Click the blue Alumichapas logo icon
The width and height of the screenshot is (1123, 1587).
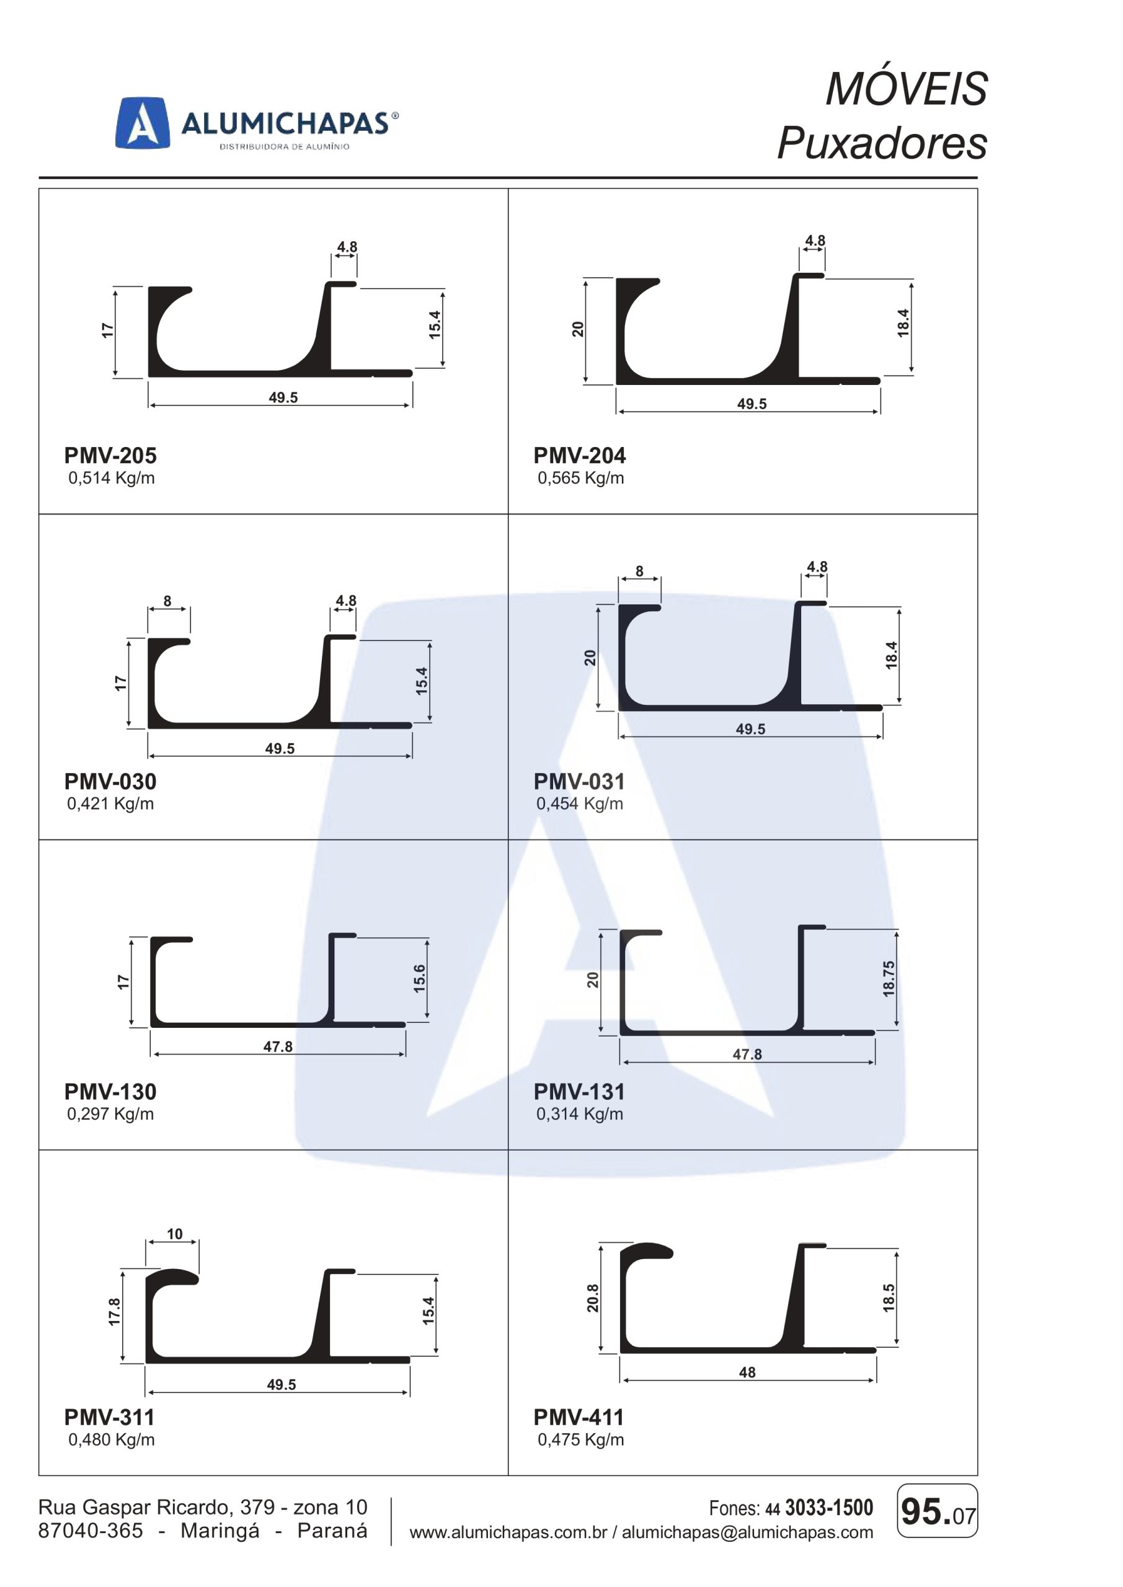pos(143,123)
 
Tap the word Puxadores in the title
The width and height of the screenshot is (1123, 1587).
pos(882,143)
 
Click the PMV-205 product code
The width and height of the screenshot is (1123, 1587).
pos(110,456)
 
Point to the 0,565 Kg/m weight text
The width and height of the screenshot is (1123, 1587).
pos(581,477)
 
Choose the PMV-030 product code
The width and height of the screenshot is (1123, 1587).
pos(110,781)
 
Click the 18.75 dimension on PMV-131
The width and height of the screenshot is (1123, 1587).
pos(889,978)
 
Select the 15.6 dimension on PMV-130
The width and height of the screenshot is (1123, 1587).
pos(419,978)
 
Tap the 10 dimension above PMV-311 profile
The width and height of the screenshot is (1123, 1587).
pos(174,1234)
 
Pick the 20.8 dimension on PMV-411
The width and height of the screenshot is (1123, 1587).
pos(593,1298)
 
